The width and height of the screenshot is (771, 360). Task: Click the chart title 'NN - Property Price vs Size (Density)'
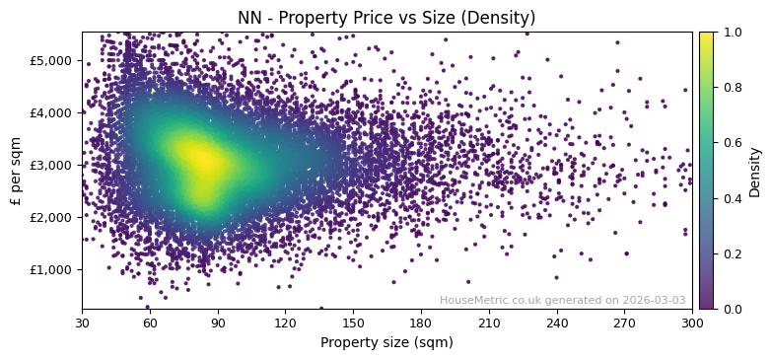click(x=386, y=18)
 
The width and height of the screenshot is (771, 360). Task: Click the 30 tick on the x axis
click(x=82, y=323)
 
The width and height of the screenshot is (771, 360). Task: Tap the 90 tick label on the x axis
click(x=218, y=323)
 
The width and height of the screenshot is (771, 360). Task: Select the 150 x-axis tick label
click(x=353, y=323)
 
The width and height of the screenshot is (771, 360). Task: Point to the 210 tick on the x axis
click(x=489, y=323)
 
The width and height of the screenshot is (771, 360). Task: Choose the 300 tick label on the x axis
click(x=692, y=323)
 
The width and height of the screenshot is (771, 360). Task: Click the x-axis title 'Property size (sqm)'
click(x=386, y=342)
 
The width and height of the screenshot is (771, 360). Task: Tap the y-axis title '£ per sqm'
click(x=16, y=171)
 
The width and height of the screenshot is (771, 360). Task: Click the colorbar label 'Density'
click(x=755, y=171)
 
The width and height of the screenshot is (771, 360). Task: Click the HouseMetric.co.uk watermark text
click(x=562, y=300)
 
